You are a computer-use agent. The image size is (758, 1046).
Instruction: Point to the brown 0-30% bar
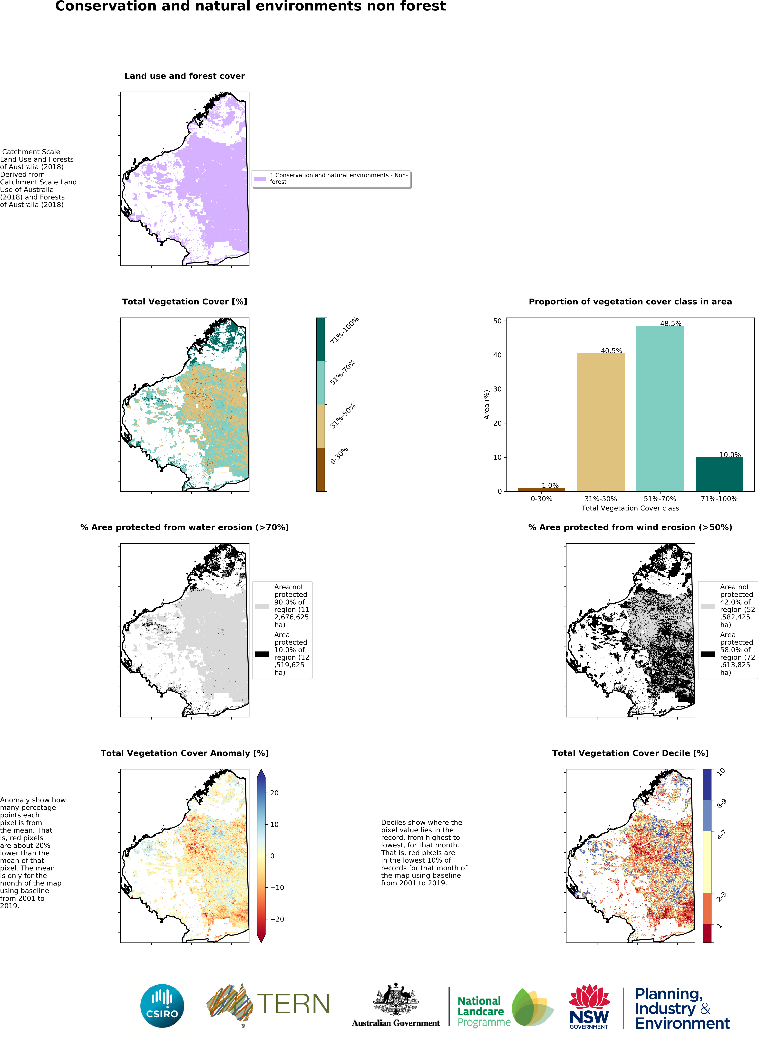pyautogui.click(x=541, y=489)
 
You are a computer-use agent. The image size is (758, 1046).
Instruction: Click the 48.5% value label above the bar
pyautogui.click(x=670, y=323)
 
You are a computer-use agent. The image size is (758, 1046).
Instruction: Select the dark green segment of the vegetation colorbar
pyautogui.click(x=321, y=339)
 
